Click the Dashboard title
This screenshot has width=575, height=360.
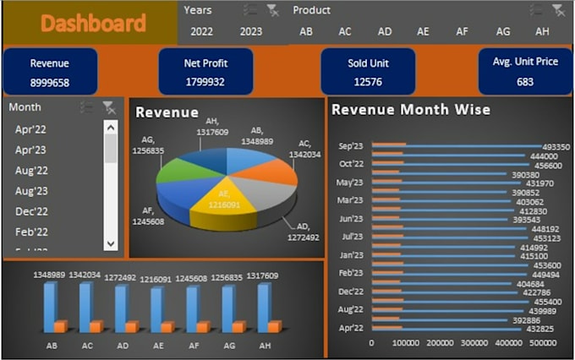click(93, 24)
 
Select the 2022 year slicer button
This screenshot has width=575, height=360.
click(201, 31)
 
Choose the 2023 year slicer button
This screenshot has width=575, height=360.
click(251, 31)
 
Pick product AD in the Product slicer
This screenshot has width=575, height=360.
click(385, 31)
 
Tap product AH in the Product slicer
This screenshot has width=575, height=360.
click(542, 31)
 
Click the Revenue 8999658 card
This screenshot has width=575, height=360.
click(50, 72)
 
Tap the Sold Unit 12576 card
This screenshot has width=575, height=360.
click(368, 72)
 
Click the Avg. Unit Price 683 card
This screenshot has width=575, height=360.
click(525, 72)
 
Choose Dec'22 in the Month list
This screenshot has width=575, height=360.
click(32, 211)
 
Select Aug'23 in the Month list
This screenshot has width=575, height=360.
click(32, 191)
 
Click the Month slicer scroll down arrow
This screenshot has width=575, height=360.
click(111, 243)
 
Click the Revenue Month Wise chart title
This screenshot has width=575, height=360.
click(411, 110)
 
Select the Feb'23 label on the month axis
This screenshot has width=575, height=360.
click(351, 273)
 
